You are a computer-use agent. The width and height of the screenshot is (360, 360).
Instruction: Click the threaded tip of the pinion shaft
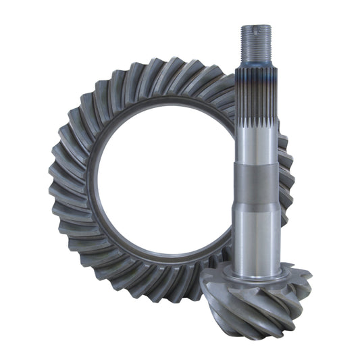pyautogui.click(x=256, y=44)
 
